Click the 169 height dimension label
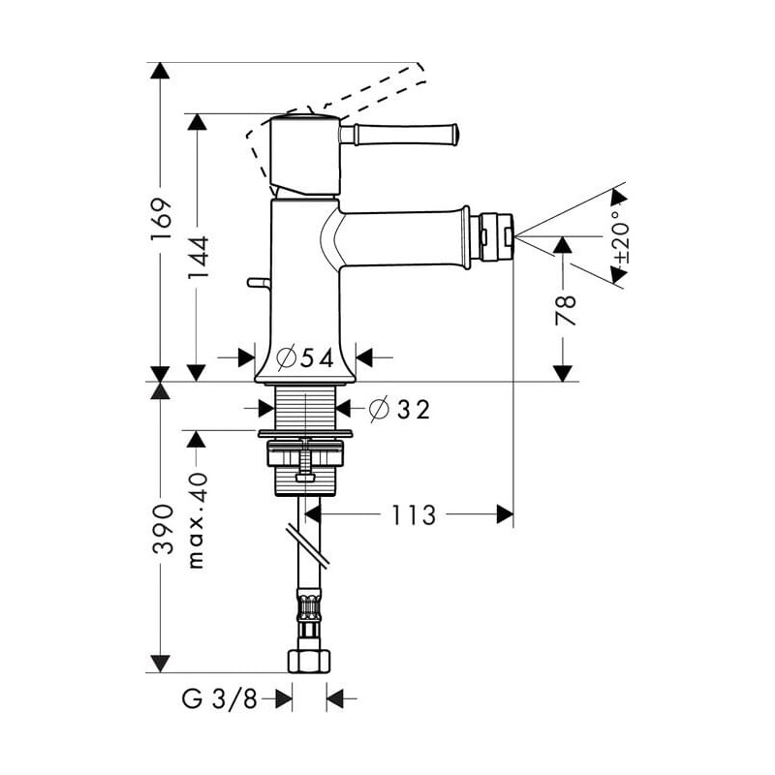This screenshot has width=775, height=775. [162, 220]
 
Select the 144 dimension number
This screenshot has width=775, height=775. [199, 257]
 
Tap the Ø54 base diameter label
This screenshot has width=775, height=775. [305, 357]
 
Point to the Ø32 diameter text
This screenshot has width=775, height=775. [400, 409]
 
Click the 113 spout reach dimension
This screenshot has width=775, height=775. [414, 515]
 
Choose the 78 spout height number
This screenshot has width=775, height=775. [566, 310]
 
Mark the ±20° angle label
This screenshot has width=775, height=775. [621, 237]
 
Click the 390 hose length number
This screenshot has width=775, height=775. [163, 528]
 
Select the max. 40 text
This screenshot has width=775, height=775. [197, 520]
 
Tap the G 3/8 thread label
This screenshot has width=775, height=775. [220, 698]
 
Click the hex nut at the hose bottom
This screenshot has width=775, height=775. [309, 661]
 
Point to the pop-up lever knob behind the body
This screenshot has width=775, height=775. [259, 283]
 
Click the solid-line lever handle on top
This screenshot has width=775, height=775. [399, 134]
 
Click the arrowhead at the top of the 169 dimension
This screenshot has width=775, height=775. [160, 71]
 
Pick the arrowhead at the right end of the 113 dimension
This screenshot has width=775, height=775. [505, 514]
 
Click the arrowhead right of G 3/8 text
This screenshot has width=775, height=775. [284, 698]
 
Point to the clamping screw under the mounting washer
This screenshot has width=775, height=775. [306, 459]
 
